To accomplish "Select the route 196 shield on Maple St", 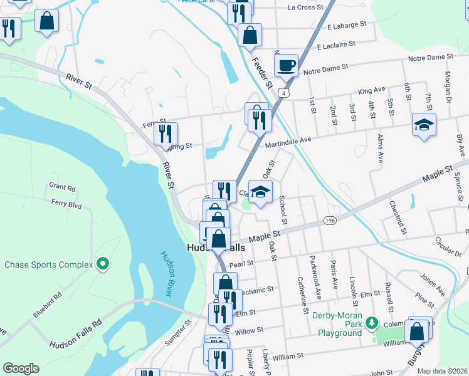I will click(330, 221).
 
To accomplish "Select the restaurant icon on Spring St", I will click(166, 133).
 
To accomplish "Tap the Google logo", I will click(21, 368).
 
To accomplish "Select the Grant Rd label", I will click(62, 187).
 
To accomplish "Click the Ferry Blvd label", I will click(66, 204).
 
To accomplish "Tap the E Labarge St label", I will click(341, 26).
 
